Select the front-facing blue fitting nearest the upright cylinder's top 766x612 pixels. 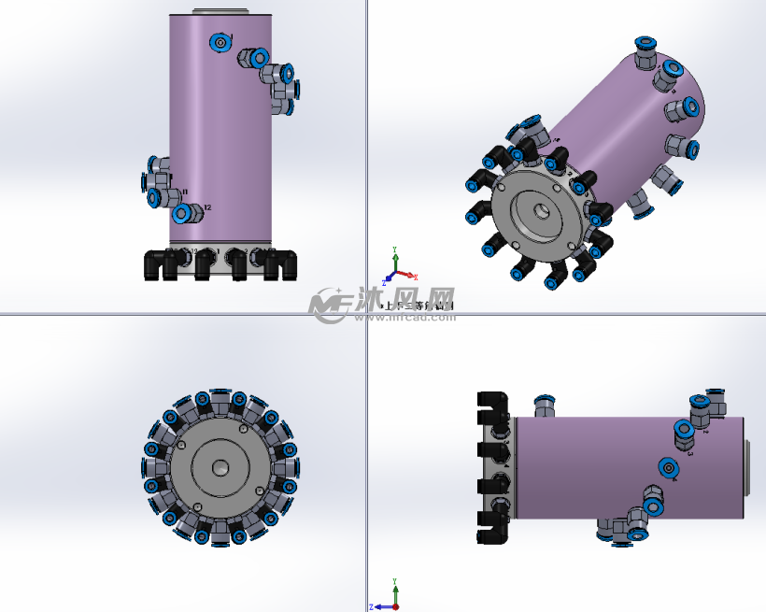coord(220,42)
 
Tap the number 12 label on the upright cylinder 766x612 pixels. coord(207,208)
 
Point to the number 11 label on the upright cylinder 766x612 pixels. coord(183,192)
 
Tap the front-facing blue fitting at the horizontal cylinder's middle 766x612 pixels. coord(667,468)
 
